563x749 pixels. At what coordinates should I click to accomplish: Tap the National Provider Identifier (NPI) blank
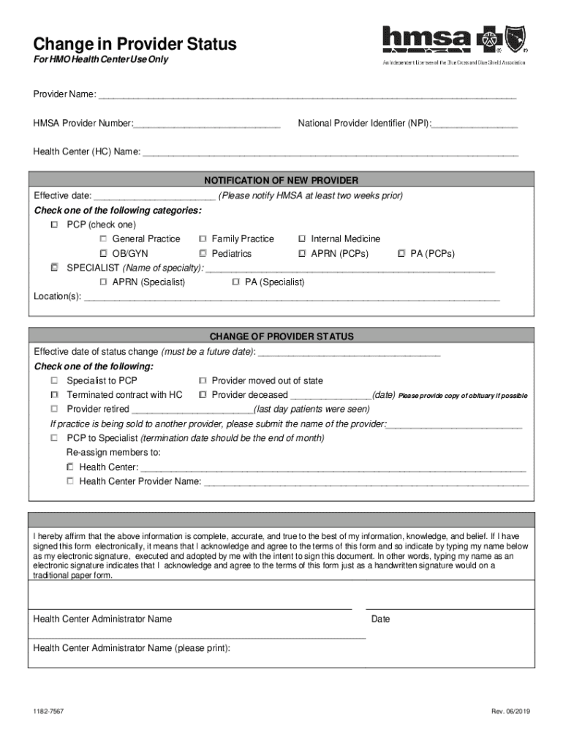(475, 124)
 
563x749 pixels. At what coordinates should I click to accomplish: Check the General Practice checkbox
(104, 239)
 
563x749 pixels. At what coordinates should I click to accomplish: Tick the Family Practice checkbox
(203, 239)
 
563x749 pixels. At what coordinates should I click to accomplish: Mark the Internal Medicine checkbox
(302, 239)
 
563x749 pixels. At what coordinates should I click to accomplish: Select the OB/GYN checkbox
(104, 254)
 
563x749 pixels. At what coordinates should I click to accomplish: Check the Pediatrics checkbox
(203, 254)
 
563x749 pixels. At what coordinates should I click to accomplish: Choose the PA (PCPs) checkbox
(401, 254)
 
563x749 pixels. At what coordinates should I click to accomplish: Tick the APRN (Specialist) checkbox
(104, 282)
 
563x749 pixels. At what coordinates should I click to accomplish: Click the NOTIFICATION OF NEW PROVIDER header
(281, 181)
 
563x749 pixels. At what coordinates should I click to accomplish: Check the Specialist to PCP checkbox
(55, 381)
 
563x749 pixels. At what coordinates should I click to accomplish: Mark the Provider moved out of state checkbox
(203, 381)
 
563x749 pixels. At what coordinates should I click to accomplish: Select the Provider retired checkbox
(55, 410)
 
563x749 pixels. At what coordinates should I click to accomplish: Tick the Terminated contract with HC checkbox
(55, 395)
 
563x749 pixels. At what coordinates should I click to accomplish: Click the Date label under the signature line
(380, 620)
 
